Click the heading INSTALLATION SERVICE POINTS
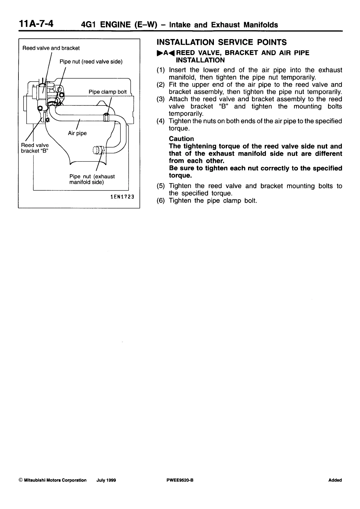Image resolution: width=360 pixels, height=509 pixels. click(x=221, y=42)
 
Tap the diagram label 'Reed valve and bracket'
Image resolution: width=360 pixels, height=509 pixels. click(x=51, y=48)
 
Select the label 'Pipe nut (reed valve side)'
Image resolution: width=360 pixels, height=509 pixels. click(x=91, y=62)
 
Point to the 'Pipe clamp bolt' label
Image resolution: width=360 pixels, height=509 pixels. click(x=107, y=92)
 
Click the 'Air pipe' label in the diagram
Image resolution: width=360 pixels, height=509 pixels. click(x=77, y=133)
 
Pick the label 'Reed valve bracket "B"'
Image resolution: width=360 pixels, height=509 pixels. click(x=34, y=148)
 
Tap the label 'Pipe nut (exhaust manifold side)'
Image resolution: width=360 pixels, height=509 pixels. click(x=92, y=179)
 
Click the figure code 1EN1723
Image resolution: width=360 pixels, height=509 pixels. click(x=122, y=197)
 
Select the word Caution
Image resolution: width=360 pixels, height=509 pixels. click(x=181, y=139)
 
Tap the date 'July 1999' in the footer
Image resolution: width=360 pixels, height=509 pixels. click(x=106, y=480)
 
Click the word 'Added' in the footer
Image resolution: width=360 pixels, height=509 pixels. click(x=335, y=480)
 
